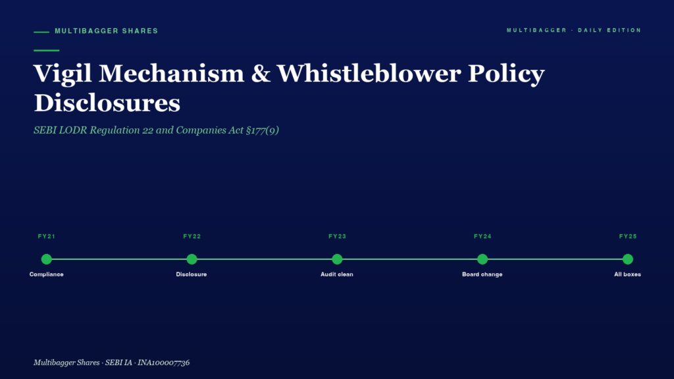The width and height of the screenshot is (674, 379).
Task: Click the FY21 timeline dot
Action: [x=47, y=259]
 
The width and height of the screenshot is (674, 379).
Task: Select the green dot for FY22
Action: [x=192, y=259]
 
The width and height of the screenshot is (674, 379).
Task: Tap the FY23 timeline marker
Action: [x=337, y=259]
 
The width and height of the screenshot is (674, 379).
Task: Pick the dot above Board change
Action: [x=482, y=259]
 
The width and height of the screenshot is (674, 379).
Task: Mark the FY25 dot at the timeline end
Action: [x=627, y=259]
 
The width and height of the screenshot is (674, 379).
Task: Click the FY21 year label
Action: [x=47, y=236]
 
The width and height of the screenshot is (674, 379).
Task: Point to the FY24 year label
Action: [x=482, y=236]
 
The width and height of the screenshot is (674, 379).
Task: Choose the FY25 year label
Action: [x=627, y=236]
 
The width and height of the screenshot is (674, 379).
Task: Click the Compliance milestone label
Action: [x=47, y=274]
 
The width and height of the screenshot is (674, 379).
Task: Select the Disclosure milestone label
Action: [x=192, y=274]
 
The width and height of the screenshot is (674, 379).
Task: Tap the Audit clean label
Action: [x=336, y=274]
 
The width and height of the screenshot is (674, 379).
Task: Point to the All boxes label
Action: [x=627, y=274]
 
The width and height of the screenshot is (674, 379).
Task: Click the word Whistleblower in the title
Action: [x=369, y=73]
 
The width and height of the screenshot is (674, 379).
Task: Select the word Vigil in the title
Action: [x=63, y=74]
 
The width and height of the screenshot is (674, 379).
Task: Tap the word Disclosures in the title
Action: [x=107, y=103]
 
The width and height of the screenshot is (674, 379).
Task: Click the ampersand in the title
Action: [x=261, y=74]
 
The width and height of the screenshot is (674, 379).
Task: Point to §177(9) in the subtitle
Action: [x=262, y=130]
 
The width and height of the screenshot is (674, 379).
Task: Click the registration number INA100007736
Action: [x=163, y=363]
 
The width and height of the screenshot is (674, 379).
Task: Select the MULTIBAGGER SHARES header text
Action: [x=106, y=31]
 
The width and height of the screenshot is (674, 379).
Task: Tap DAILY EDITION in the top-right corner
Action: [x=609, y=30]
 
